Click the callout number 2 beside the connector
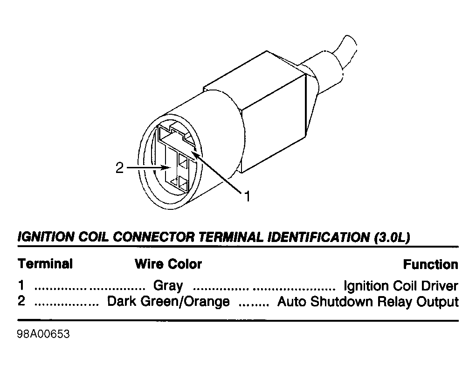(120, 168)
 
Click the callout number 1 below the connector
(248, 196)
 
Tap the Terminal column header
(45, 264)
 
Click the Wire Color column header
(168, 264)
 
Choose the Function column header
(430, 264)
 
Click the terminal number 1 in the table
(21, 285)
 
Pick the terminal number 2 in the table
(21, 301)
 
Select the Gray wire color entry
(168, 286)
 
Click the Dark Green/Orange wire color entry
(168, 302)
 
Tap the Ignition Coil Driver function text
(401, 286)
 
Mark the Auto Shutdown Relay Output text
(368, 302)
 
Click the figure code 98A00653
(43, 334)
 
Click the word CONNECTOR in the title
(153, 237)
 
